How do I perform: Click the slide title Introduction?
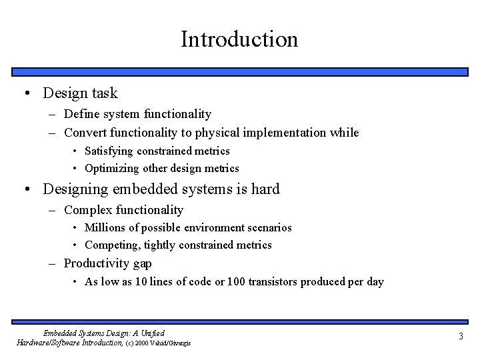click(239, 39)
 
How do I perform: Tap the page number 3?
click(460, 337)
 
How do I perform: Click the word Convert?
click(86, 133)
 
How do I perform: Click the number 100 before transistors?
click(236, 281)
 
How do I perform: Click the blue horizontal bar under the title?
click(239, 71)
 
